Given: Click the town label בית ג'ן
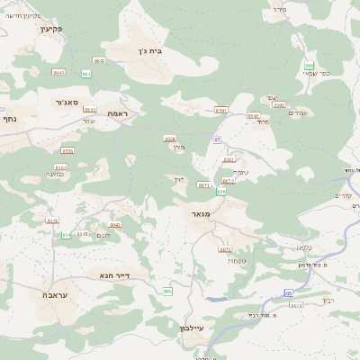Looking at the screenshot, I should [157, 53].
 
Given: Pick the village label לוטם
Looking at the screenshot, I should [103, 236].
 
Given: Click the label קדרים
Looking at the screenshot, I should [344, 197].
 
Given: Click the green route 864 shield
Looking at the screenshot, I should [86, 73].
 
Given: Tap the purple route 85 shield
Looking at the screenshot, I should [218, 139].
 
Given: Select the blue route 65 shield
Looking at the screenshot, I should [289, 292].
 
